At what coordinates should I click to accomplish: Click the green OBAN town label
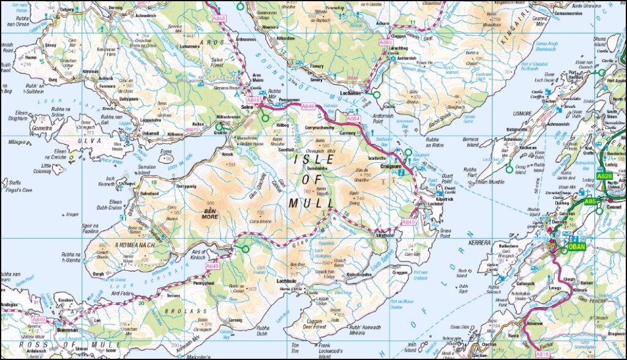(578, 247)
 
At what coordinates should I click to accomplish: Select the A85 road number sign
(591, 201)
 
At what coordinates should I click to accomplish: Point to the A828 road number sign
(604, 176)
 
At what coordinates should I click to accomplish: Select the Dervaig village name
(116, 7)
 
